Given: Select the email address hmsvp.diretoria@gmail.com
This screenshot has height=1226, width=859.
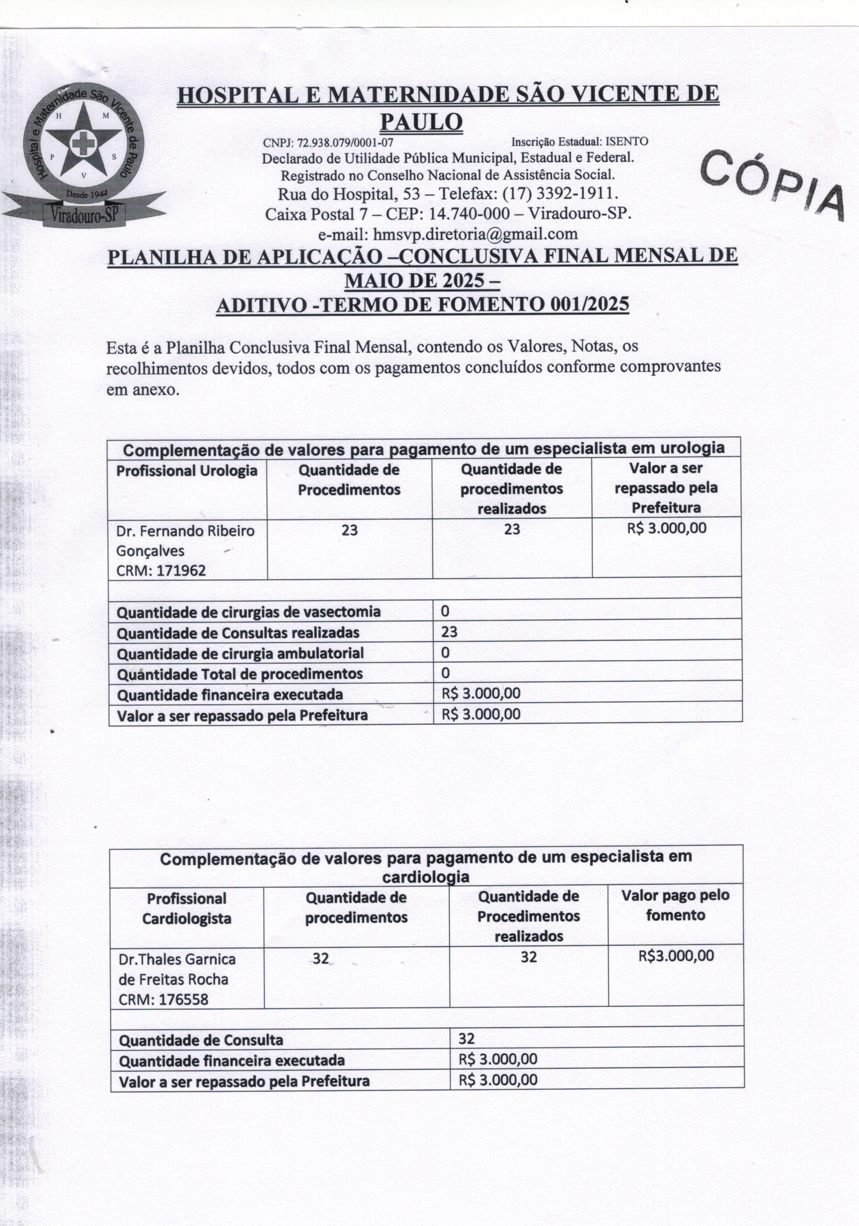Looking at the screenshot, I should point(475,234).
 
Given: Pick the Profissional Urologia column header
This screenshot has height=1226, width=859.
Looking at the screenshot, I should point(187,471).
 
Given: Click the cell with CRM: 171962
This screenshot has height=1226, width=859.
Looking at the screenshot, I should point(161,571).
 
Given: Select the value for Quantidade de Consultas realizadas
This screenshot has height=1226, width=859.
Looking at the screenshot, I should point(450,632).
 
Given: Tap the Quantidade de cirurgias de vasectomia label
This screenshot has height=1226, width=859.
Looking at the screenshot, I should point(248,612).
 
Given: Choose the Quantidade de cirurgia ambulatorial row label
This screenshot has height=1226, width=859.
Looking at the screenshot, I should point(240,653).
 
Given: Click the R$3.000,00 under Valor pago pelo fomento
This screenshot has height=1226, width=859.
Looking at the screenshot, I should point(676,956).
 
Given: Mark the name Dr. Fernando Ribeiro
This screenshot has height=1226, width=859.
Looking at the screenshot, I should point(185,531).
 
